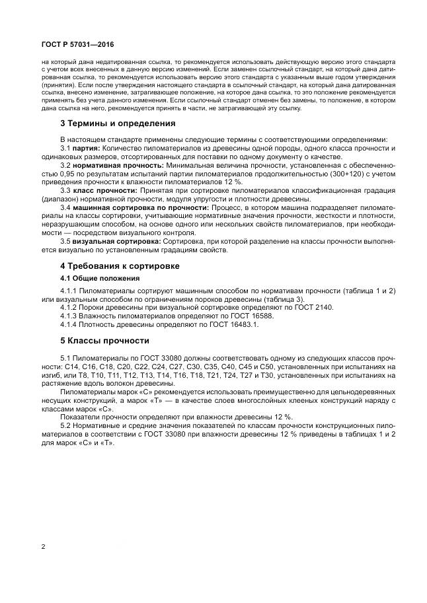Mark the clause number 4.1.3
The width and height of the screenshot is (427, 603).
click(69, 316)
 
